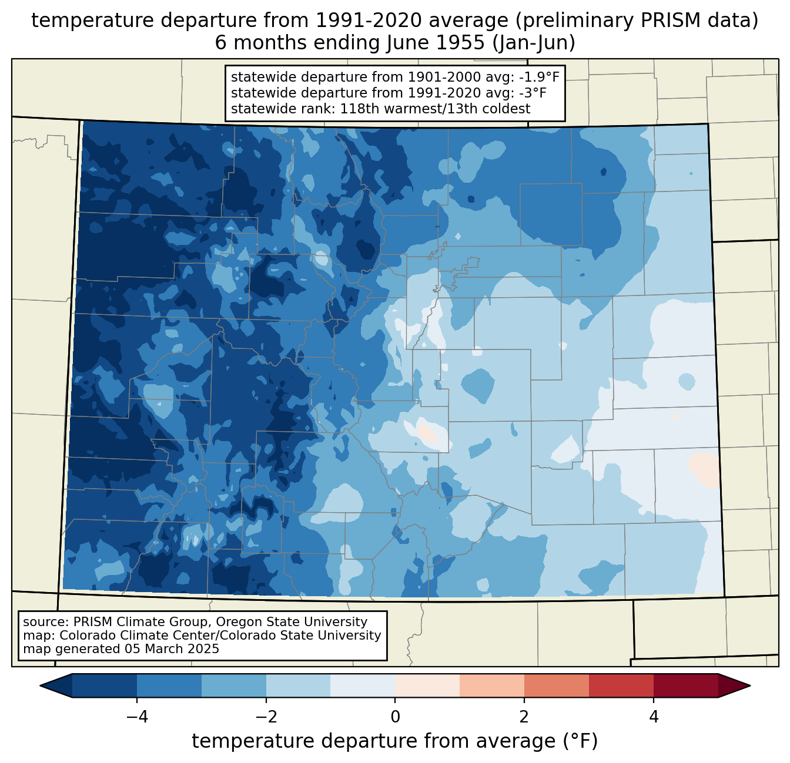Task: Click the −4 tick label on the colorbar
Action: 137,717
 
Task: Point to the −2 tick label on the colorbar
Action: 266,717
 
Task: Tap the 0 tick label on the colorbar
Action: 395,717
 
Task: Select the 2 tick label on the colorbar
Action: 524,717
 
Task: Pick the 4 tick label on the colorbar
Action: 653,717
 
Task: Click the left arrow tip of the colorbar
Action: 40,686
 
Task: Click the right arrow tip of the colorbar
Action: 750,686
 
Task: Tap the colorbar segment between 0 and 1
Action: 427,686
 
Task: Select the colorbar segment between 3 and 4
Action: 621,686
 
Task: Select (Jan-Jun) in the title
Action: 534,43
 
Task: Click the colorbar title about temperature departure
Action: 395,741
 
